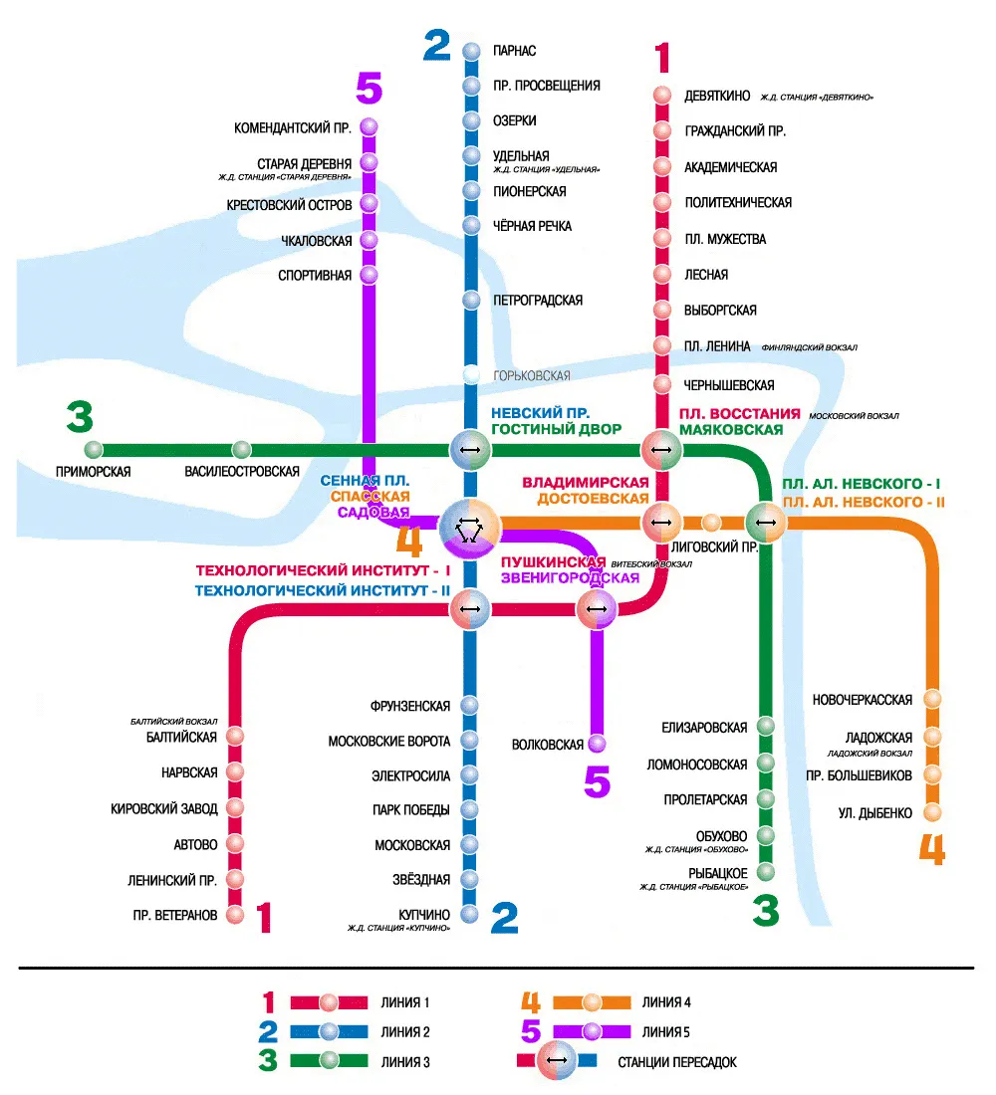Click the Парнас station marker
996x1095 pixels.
pos(472,51)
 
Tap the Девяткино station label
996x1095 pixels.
pos(717,96)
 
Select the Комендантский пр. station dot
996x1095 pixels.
pos(370,127)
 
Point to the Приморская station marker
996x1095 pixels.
pos(93,450)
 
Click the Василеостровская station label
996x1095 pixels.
pos(242,472)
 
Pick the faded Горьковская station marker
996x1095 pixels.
pos(472,375)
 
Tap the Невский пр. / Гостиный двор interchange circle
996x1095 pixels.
pos(470,450)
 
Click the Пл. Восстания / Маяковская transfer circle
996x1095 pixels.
pos(661,450)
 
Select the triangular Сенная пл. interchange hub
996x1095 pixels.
pos(470,529)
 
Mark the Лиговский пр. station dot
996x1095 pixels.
pos(711,523)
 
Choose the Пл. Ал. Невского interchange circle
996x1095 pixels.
pos(766,523)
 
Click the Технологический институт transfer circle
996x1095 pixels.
pos(470,609)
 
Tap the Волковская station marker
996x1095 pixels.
pos(597,744)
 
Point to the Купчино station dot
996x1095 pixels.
pos(470,914)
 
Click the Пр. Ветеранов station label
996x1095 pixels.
pos(175,915)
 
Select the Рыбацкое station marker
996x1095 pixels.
pos(766,872)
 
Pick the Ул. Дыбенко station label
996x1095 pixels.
pos(875,813)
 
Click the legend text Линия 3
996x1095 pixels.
pos(405,1062)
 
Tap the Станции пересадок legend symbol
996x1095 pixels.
pos(557,1060)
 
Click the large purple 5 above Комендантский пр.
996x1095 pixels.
pos(370,88)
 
